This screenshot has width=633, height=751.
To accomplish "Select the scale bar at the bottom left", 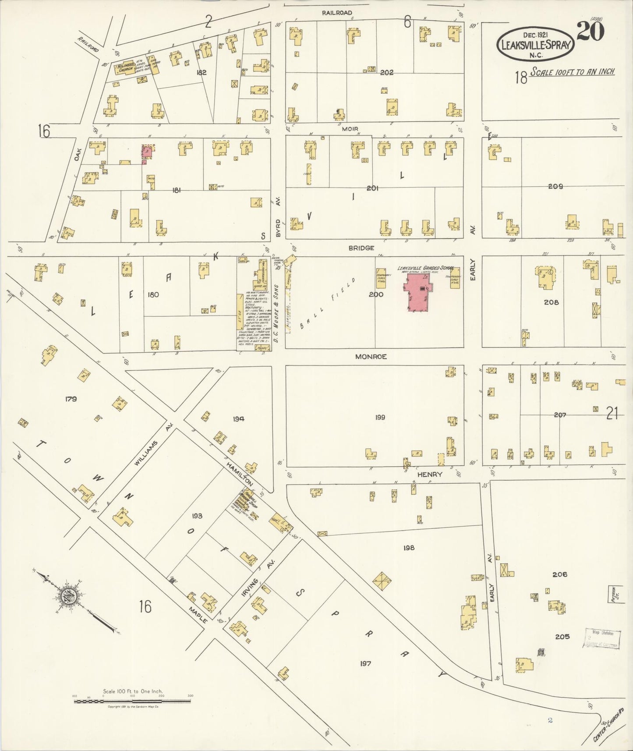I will click(x=132, y=701).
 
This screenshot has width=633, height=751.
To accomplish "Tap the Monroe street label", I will click(x=371, y=357).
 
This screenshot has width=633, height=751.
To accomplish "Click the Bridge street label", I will click(x=361, y=248).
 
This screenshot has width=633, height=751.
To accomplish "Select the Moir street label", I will click(x=350, y=129).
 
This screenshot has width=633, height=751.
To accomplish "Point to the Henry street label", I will click(x=429, y=474).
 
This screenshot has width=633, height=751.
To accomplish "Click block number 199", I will click(x=380, y=417).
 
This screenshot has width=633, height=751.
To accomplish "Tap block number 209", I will click(x=555, y=186).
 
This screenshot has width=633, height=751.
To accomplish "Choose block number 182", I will click(x=202, y=72).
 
